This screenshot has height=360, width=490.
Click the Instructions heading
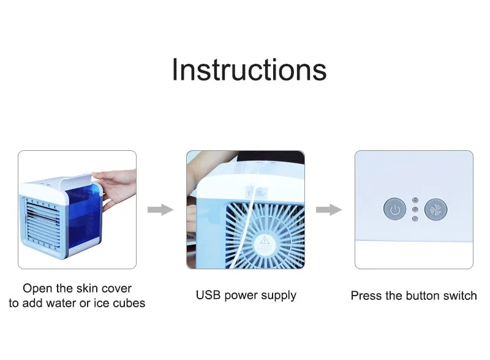tap(249, 70)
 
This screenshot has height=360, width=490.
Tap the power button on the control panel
tap(394, 209)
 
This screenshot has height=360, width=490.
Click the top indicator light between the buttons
tap(415, 200)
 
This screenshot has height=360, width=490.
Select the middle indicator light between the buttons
tap(415, 209)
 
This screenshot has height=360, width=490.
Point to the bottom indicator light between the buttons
tap(415, 218)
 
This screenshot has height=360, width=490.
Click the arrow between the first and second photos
tap(160, 209)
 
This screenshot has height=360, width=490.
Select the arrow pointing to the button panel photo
tap(329, 209)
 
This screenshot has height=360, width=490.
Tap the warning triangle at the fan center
tap(265, 240)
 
